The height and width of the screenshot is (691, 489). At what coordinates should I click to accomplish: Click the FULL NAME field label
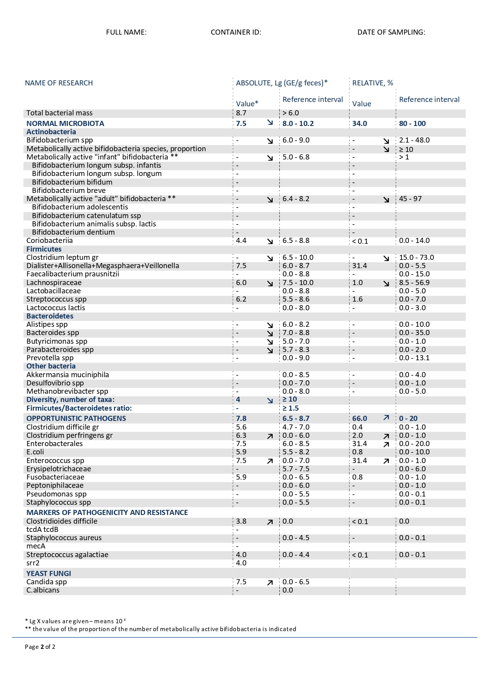(x=126, y=32)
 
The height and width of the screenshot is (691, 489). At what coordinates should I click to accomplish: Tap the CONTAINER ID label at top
(x=236, y=32)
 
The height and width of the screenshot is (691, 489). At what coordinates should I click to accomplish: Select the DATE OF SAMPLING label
(x=391, y=32)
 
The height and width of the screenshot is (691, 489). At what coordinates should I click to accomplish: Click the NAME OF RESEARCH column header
(x=59, y=83)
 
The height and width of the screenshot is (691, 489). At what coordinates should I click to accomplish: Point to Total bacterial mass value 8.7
(x=241, y=113)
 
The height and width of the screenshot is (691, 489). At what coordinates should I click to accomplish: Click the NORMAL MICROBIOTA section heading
(x=65, y=124)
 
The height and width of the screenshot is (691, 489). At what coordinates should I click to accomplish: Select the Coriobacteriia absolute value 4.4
(x=241, y=241)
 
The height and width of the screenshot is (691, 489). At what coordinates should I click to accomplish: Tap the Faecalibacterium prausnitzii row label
(x=73, y=274)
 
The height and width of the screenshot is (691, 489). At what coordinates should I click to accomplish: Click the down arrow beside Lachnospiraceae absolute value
(x=270, y=283)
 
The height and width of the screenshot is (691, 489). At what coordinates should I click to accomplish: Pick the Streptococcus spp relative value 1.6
(x=357, y=299)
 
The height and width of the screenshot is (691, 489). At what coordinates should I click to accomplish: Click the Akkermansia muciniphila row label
(x=67, y=375)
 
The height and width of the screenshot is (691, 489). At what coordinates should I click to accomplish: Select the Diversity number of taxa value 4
(x=238, y=400)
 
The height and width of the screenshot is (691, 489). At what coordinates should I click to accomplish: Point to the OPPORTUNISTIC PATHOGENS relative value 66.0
(x=359, y=419)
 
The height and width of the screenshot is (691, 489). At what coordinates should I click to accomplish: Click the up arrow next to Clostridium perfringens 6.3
(x=270, y=436)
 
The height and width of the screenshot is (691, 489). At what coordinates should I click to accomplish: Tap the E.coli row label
(x=35, y=452)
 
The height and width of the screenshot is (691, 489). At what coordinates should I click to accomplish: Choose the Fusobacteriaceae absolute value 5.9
(x=241, y=477)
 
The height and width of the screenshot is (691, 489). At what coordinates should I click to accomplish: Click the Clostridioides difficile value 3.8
(x=241, y=521)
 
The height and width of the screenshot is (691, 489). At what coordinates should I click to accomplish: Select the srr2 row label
(x=33, y=563)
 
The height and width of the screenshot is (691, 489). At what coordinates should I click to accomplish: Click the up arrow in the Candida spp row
(x=270, y=583)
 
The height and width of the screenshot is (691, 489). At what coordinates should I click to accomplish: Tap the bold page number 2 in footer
(x=42, y=647)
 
